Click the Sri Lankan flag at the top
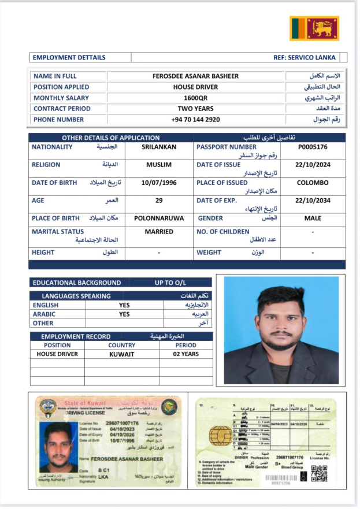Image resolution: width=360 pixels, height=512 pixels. pos(314,28)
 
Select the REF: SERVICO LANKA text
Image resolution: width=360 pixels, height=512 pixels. pos(306,58)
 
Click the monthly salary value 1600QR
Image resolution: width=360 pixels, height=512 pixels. pos(187,98)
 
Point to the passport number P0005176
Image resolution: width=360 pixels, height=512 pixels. pos(313,147)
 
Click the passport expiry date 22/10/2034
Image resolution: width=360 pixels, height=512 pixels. pos(312,201)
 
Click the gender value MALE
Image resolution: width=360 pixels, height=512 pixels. pos(313,218)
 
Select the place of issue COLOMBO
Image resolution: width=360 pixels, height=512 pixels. pos(313,183)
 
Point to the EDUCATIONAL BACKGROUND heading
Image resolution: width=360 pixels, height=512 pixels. pos(77,283)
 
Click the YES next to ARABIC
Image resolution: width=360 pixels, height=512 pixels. pos(124,314)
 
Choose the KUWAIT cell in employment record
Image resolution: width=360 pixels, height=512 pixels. pos(121,354)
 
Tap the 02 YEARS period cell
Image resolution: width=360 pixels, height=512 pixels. pos(187,354)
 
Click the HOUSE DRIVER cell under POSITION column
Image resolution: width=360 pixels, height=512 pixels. pos(57,354)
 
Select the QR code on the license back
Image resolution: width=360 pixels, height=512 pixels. pos(319,473)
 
